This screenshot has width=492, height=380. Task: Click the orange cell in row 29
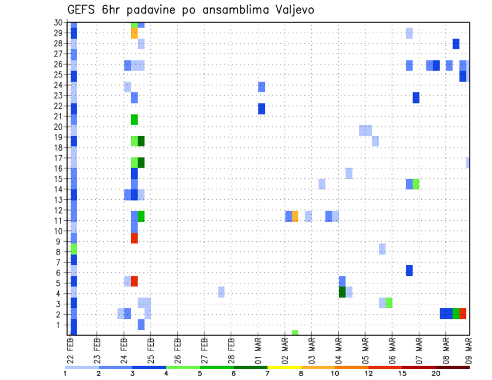click(134, 33)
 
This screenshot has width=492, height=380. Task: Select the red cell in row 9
click(134, 238)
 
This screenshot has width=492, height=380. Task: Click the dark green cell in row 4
click(342, 292)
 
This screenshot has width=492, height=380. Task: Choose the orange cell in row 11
click(295, 216)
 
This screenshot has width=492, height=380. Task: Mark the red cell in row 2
click(463, 313)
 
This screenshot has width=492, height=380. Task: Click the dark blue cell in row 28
click(456, 44)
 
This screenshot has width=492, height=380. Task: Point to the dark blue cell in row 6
click(409, 270)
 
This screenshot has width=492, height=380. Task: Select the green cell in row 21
click(134, 119)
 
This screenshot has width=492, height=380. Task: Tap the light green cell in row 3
click(389, 303)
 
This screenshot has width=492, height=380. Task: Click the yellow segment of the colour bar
click(284, 367)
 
